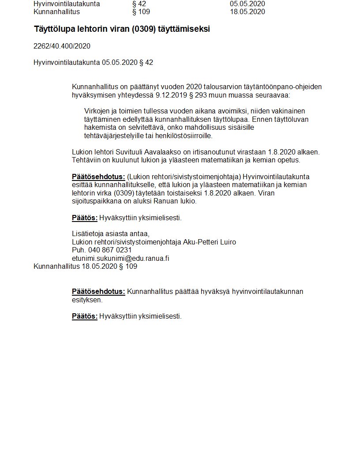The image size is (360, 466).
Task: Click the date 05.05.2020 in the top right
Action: pyautogui.click(x=247, y=4)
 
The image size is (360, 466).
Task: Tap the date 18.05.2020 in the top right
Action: pyautogui.click(x=247, y=12)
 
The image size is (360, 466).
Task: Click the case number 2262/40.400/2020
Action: pyautogui.click(x=62, y=46)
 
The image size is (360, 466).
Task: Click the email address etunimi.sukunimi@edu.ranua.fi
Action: pyautogui.click(x=120, y=259)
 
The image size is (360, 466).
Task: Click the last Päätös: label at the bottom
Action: pyautogui.click(x=85, y=316)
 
